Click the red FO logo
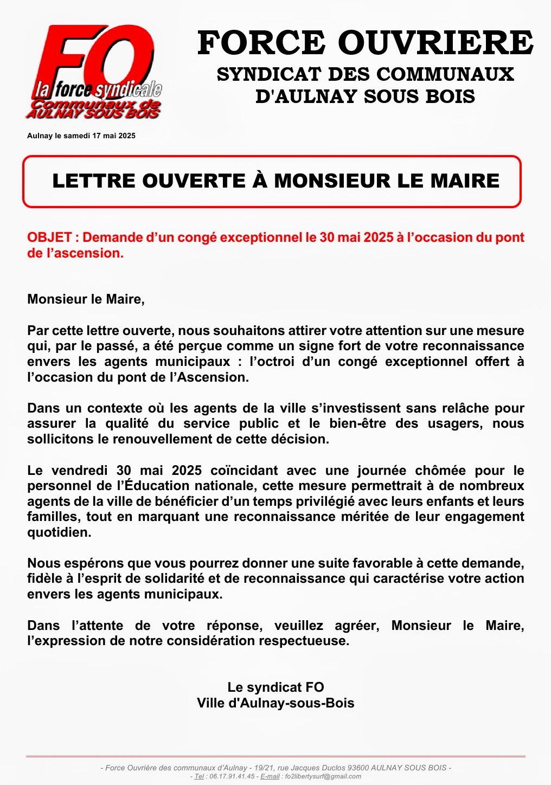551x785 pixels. point(95,70)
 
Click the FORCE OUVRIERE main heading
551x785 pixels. point(365,43)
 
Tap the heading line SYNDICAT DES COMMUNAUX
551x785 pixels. point(365,74)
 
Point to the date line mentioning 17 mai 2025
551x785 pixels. point(81,136)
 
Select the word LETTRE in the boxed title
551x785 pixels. point(93,181)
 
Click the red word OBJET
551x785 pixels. point(49,237)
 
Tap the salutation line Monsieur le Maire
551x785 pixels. point(86,299)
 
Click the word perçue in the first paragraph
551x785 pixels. point(202,346)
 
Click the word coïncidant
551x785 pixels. point(244,471)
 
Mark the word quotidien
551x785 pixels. point(59,532)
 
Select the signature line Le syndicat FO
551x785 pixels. point(275,687)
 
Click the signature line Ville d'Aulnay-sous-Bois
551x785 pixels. point(275,703)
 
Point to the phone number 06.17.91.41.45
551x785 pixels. point(231,776)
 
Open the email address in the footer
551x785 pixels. point(323,776)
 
